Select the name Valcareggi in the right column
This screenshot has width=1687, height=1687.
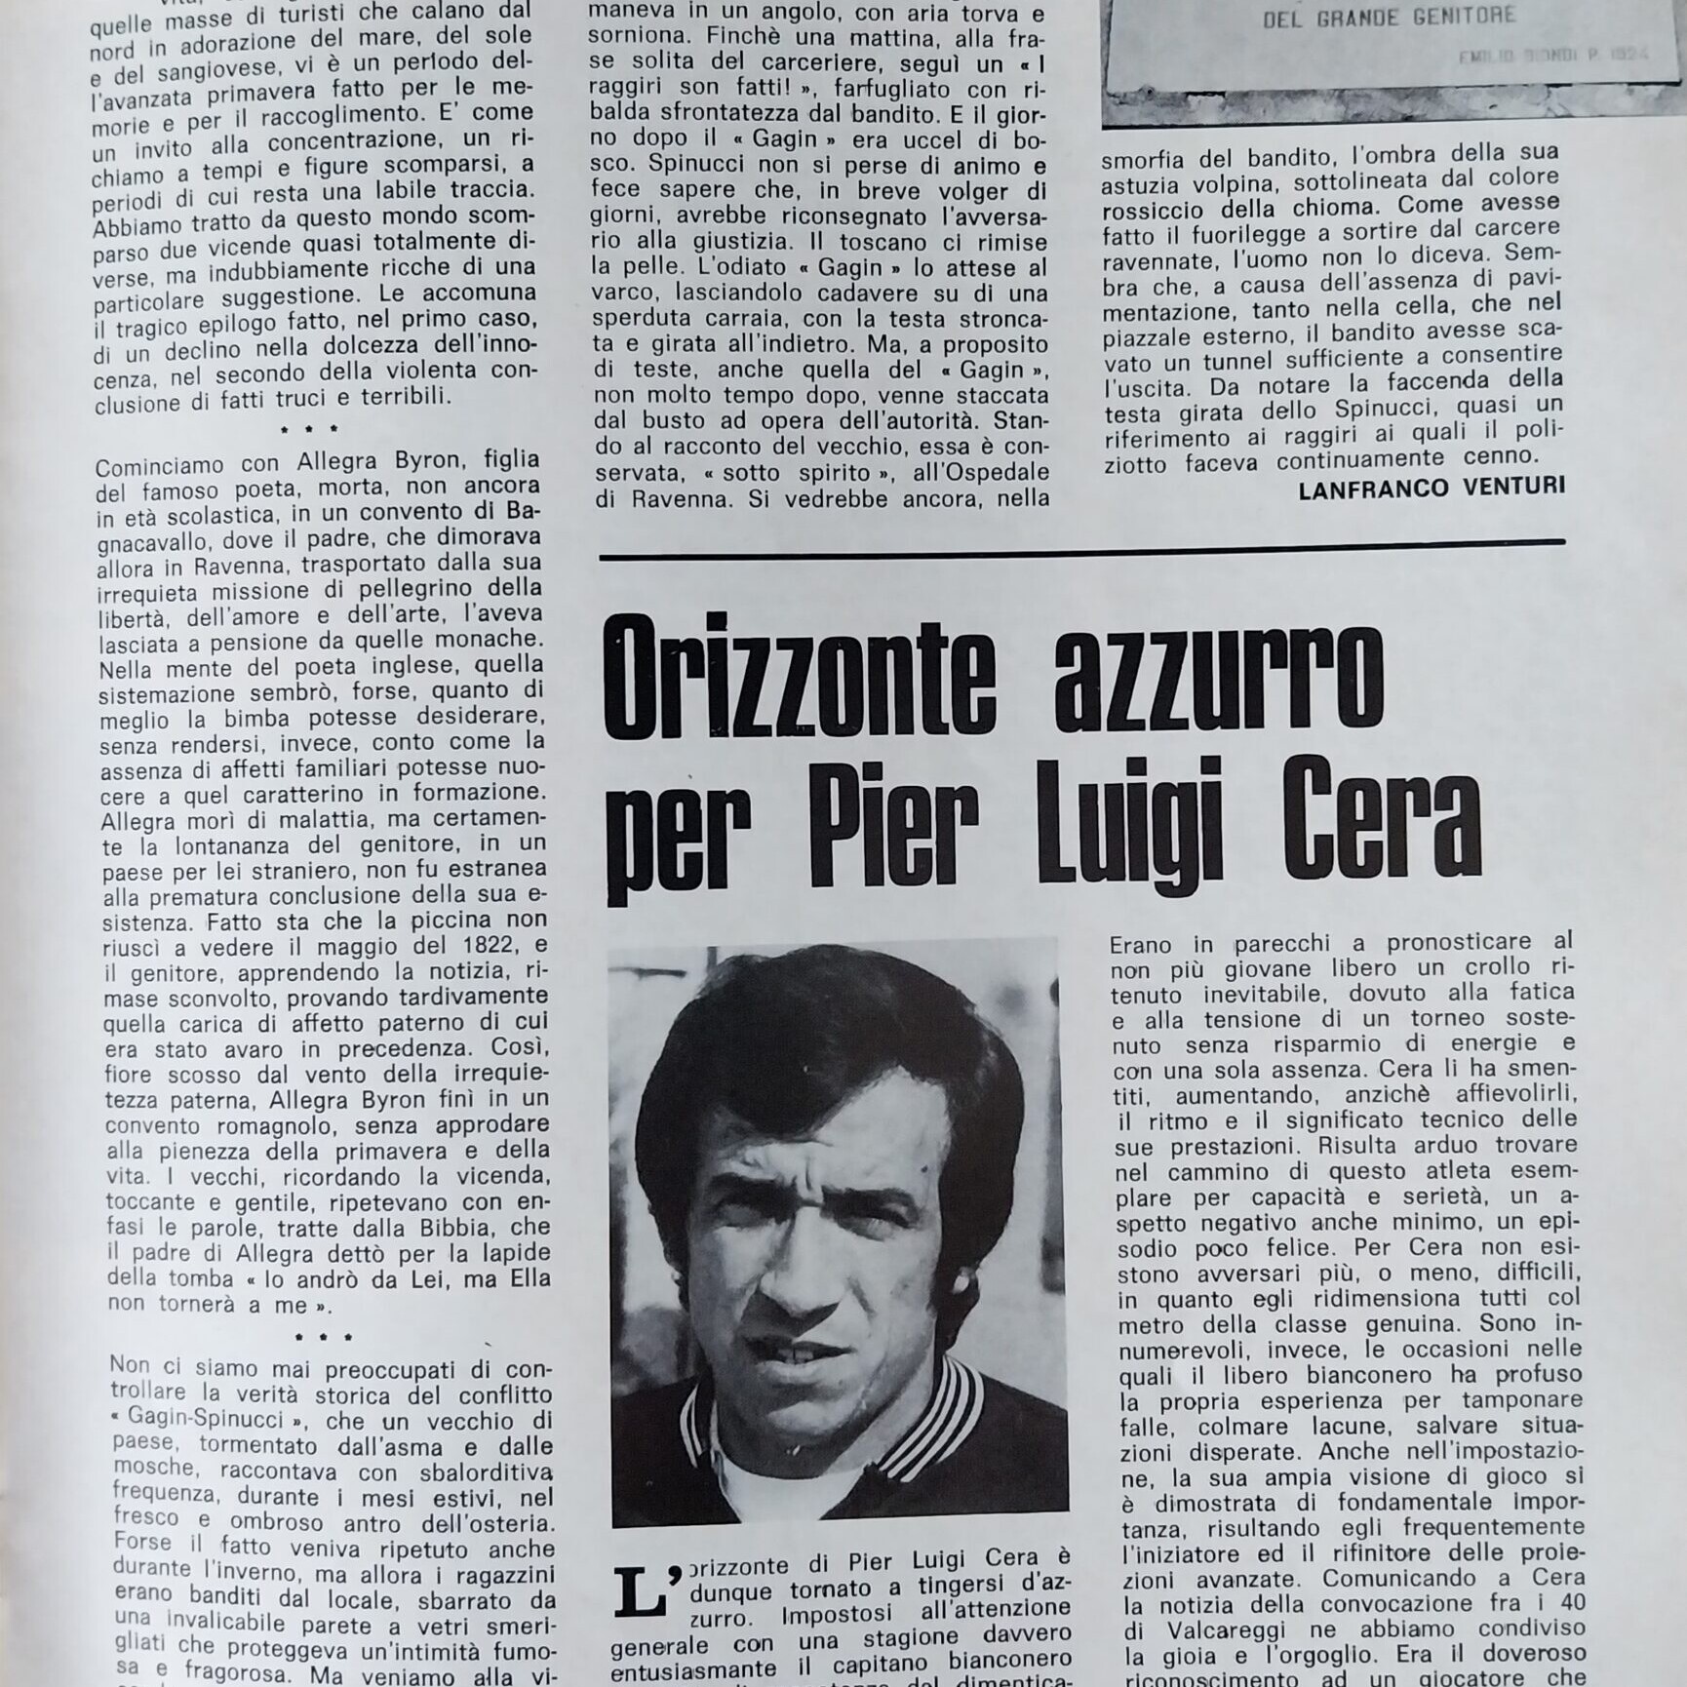point(1224,1628)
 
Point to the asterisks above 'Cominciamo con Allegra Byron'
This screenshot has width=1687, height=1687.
point(309,429)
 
